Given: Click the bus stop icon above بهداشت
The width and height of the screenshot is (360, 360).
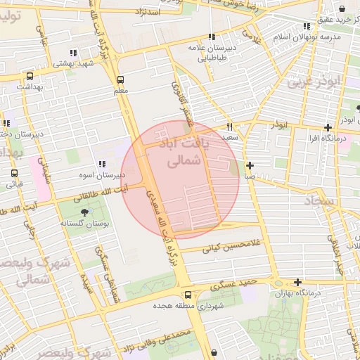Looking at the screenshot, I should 30,77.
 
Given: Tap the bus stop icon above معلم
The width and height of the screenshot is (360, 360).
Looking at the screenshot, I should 120,80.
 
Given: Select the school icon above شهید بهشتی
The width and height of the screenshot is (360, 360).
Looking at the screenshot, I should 72,53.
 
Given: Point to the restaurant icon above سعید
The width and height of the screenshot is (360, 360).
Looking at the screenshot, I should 229,127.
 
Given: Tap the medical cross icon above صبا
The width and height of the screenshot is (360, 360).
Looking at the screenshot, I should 250,166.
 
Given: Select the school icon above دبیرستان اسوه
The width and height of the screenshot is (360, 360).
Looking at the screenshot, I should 103,164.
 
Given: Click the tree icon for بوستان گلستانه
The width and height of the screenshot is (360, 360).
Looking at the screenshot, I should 85,212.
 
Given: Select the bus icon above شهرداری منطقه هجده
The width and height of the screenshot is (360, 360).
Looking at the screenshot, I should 188,296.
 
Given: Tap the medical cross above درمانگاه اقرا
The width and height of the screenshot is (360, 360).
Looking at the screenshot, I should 328,127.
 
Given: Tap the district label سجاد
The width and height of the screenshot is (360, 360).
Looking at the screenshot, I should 321,202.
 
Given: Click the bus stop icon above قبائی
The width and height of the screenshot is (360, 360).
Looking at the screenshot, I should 14,174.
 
